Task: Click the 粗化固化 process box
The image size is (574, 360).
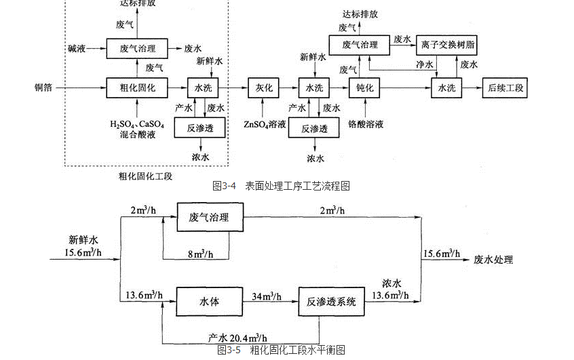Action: point(137,88)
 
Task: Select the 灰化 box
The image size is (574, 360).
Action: point(263,88)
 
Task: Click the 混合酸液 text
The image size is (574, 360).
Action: point(137,136)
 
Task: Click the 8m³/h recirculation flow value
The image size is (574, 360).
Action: point(200,254)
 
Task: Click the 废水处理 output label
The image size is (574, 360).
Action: point(494,259)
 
